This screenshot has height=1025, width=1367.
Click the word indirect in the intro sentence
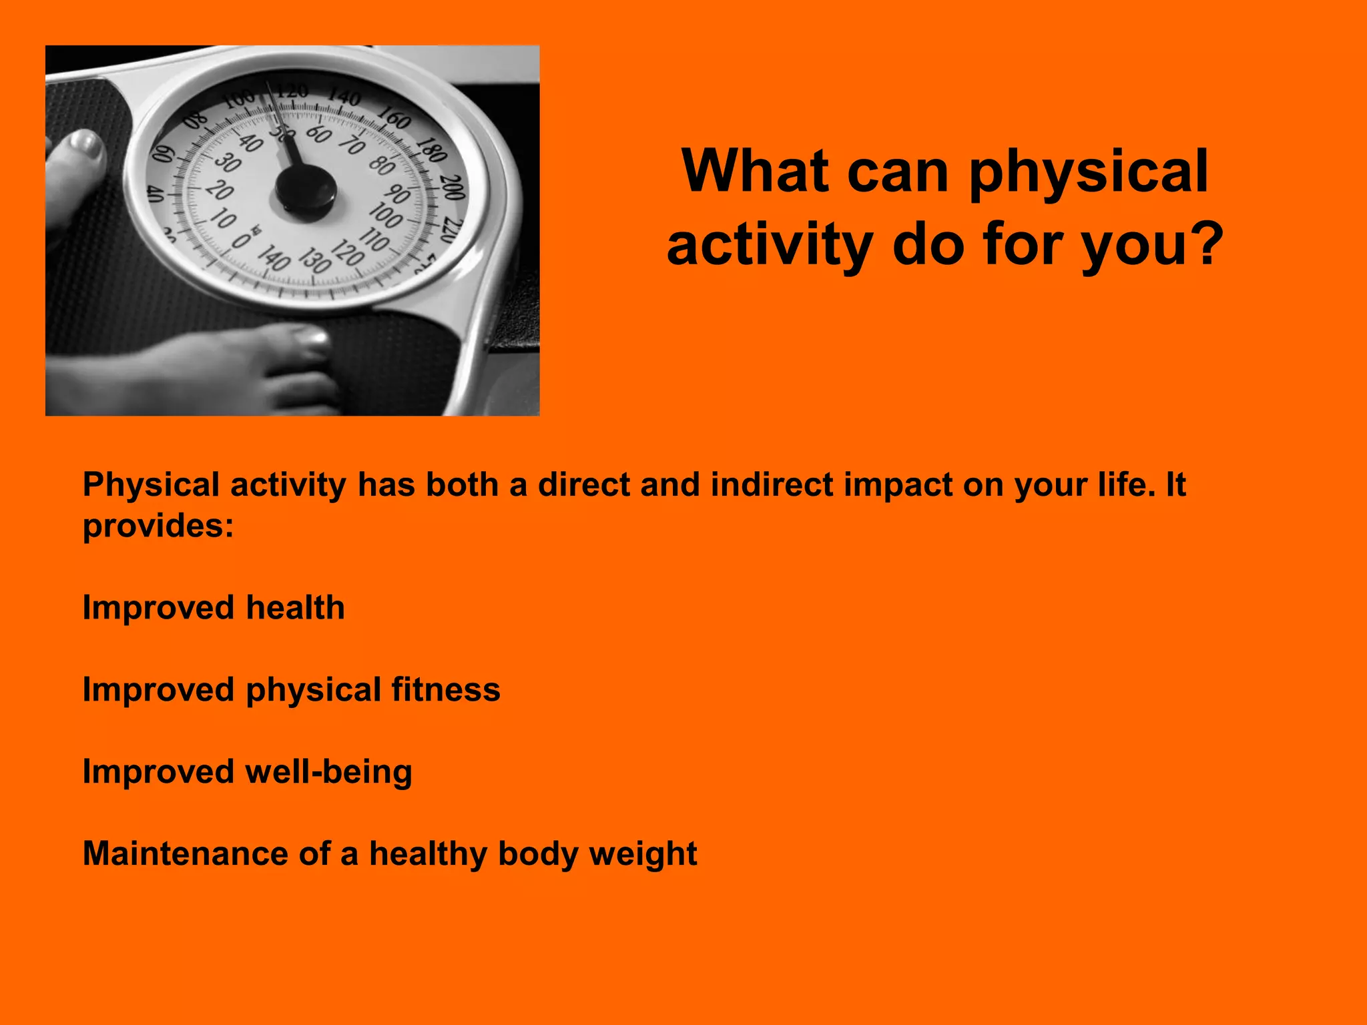pyautogui.click(x=772, y=485)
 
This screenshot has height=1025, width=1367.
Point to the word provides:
pyautogui.click(x=158, y=527)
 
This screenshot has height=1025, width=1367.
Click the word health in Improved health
pyautogui.click(x=295, y=608)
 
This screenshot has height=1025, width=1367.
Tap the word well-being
pyautogui.click(x=328, y=772)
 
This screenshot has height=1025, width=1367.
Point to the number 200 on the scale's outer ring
pyautogui.click(x=453, y=188)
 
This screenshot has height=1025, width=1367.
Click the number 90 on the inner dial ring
pyautogui.click(x=398, y=194)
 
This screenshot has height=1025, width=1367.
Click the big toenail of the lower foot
pyautogui.click(x=312, y=338)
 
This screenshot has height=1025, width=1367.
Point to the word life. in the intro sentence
pyautogui.click(x=1126, y=485)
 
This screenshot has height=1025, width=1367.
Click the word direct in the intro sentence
pyautogui.click(x=583, y=485)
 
